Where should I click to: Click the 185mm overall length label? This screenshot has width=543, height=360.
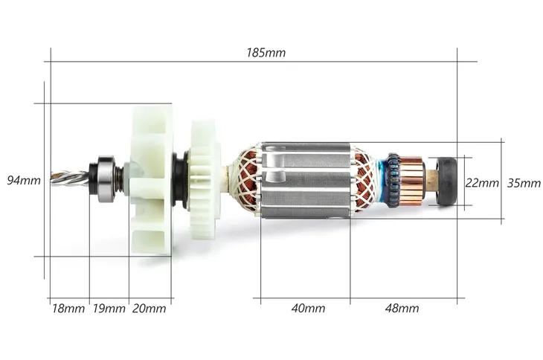click(x=266, y=53)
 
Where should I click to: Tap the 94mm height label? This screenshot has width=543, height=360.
click(x=24, y=180)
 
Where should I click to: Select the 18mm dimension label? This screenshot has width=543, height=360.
click(x=68, y=309)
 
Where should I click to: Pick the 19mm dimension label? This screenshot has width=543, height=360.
click(x=109, y=309)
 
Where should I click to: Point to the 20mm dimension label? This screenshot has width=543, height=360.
click(x=149, y=309)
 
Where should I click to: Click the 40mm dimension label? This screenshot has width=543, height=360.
click(x=308, y=308)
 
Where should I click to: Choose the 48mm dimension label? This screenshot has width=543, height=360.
click(x=402, y=308)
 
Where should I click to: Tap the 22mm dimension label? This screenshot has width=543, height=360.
click(x=482, y=183)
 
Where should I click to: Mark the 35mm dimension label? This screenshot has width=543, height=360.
click(x=524, y=183)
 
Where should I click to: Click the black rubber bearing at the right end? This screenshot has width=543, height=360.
click(x=447, y=181)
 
